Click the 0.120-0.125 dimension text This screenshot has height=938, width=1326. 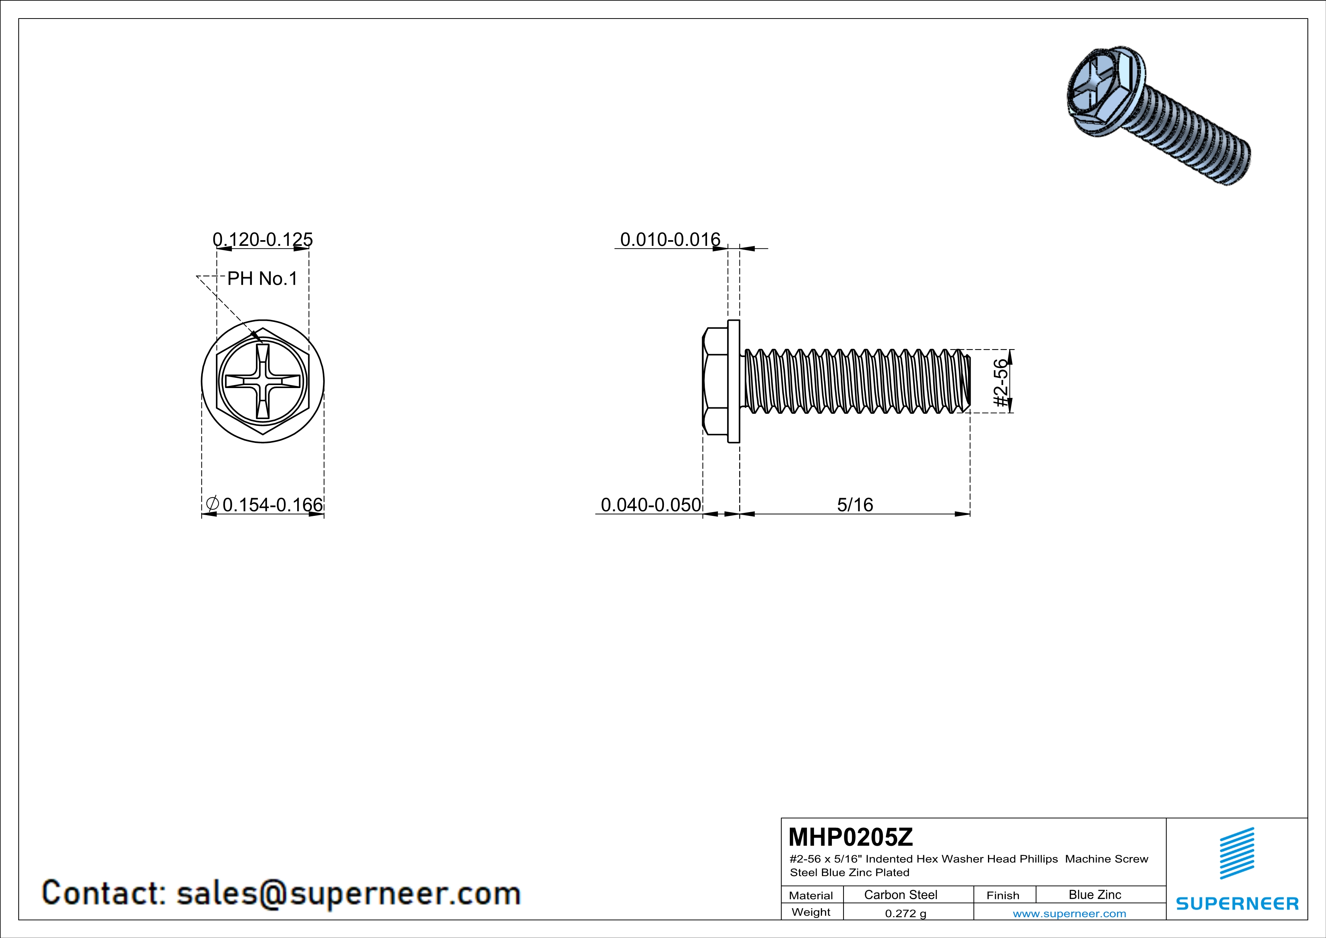263,239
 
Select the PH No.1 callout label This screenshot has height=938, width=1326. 262,279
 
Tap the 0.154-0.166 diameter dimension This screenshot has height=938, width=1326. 272,505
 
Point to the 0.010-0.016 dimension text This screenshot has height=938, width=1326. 670,239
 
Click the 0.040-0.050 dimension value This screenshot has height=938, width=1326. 651,505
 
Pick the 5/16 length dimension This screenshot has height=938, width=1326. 855,505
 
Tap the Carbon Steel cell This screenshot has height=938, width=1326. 900,895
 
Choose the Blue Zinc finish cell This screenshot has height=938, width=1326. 1094,895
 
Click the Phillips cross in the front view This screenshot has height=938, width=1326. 263,382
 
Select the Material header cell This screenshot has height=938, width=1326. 811,895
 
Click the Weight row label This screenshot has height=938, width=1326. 811,912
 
